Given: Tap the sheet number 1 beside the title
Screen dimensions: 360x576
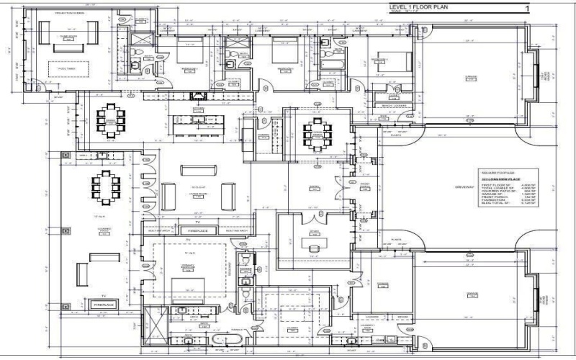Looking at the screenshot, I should click(x=528, y=9).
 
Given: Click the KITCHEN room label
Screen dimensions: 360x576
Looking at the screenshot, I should click(x=197, y=110).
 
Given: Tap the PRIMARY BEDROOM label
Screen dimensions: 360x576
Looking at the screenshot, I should click(x=189, y=266).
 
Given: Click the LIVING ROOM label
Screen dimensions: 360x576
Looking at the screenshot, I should click(x=198, y=194).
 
